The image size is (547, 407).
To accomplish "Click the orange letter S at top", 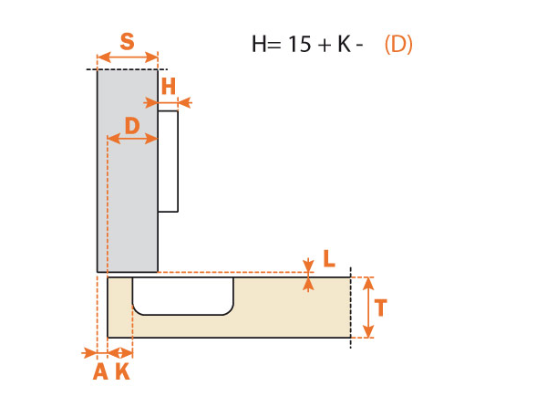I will pos(128,41).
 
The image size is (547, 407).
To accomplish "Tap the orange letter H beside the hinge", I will pos(168,87).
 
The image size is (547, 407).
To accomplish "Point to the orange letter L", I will pos(328,259).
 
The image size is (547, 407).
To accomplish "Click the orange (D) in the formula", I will pos(398,44).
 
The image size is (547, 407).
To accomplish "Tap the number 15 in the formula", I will pos(299,44).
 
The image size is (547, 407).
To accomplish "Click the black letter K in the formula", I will pos(344,44).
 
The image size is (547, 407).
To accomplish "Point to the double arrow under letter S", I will pos(128,57).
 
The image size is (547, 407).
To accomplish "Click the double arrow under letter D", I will pos(133,140).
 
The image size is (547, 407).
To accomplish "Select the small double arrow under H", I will pos(173,104).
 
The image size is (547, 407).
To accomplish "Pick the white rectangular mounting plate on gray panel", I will pos(169,162).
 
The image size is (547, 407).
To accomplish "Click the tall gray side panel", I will pos(128,201).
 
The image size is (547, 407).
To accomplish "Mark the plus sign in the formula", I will pos(324,44).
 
